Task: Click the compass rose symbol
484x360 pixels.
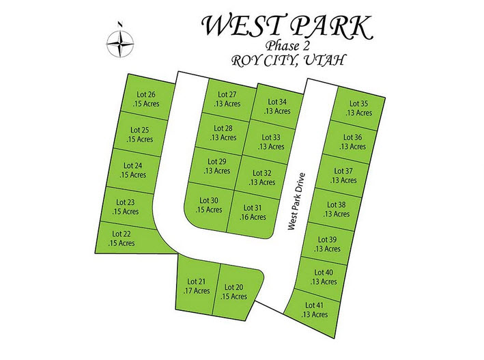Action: point(120,45)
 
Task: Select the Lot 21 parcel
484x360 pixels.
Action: point(197,286)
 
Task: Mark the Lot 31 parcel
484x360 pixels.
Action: point(253,212)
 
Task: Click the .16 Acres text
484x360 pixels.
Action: point(253,217)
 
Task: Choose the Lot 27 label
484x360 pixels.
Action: point(227,94)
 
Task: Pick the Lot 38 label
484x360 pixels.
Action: point(337,205)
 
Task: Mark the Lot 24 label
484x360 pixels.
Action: point(133,165)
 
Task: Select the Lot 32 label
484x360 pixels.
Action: point(262,174)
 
